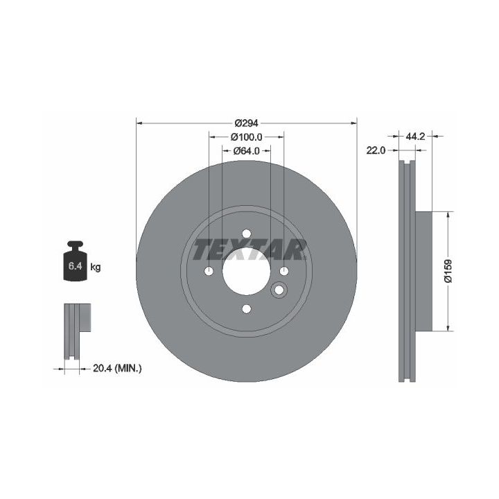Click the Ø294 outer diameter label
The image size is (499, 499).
click(246, 123)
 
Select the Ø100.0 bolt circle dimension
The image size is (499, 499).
click(246, 137)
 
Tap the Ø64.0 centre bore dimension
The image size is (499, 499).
click(246, 150)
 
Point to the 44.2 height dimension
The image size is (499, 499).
click(415, 137)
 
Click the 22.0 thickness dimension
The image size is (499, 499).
click(376, 150)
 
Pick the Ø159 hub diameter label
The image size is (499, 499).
click(448, 271)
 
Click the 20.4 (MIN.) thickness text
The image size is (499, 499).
click(117, 369)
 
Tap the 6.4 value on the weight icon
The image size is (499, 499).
click(76, 265)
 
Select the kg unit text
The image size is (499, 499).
click(96, 267)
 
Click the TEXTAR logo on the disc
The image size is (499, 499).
click(249, 249)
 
